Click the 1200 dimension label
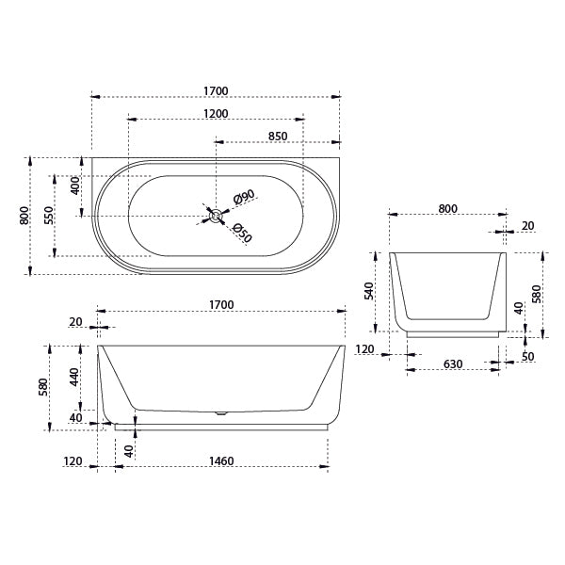215,114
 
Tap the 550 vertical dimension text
48,215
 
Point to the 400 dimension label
75,185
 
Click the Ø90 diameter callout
244,198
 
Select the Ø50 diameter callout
242,233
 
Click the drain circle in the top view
216,216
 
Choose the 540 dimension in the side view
369,290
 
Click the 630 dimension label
452,363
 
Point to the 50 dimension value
527,357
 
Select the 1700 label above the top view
215,91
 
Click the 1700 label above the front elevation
220,305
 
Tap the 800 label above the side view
447,209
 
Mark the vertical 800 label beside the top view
24,215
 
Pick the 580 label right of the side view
536,294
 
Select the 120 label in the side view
364,349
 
